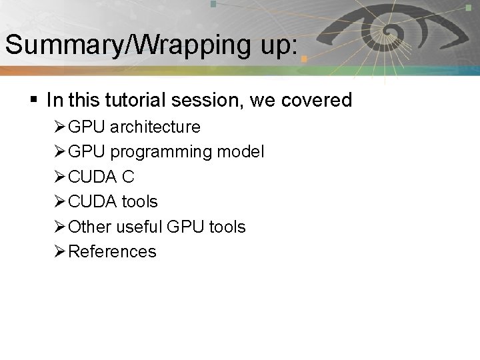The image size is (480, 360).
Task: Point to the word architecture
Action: coord(155,127)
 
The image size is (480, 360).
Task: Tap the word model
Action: coord(241,152)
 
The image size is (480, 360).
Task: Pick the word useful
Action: coord(141,227)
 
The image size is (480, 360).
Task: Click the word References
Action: coord(113,251)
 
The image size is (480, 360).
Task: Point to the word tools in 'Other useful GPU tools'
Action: coord(227,227)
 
